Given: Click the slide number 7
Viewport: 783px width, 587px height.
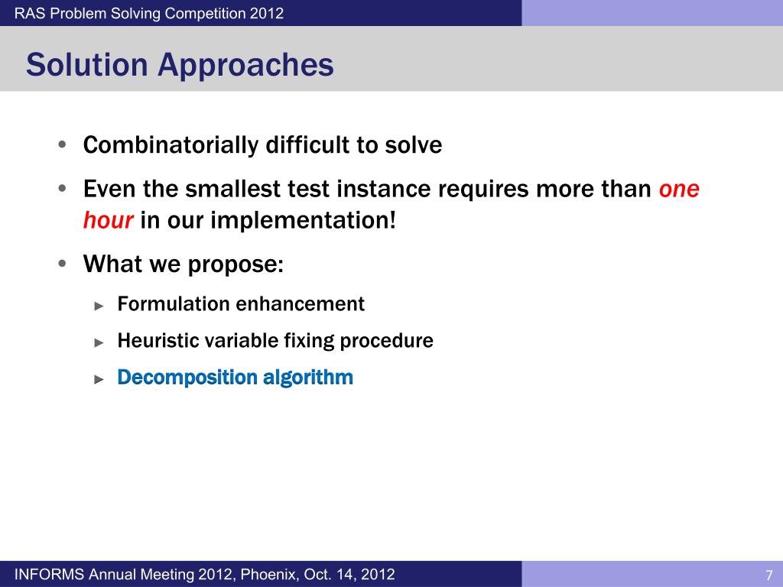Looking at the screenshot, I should coord(768,575).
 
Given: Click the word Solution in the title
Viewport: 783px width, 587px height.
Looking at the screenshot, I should coord(86,65).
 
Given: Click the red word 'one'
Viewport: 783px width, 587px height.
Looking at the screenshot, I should coord(679,189).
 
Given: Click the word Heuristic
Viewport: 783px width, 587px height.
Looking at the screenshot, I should coord(158,340).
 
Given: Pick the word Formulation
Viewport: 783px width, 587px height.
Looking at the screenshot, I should coord(174,303).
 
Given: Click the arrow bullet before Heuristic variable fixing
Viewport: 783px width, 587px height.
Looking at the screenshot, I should coord(98,342).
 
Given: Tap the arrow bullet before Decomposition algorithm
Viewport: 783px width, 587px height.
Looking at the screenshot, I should coord(98,378).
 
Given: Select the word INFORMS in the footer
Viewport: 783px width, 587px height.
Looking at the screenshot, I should coord(50,574).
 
